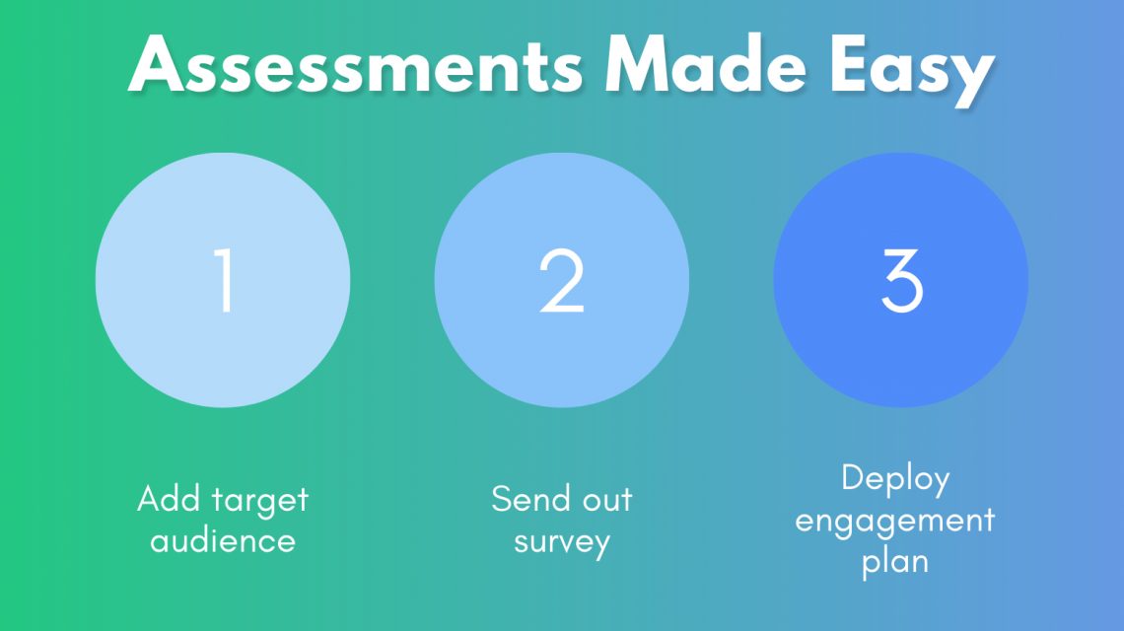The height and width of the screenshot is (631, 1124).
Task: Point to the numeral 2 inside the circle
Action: point(562,281)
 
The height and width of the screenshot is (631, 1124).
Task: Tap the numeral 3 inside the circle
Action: point(901,281)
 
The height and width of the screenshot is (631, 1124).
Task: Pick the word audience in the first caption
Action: point(223,540)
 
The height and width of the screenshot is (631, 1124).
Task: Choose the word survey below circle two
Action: point(562,542)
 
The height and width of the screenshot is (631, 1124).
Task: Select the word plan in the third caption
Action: point(895,563)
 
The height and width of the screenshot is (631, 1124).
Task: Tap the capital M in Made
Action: point(639,67)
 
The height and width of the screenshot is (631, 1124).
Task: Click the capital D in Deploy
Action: point(853,478)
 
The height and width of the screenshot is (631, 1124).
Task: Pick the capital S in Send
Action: point(502,499)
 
